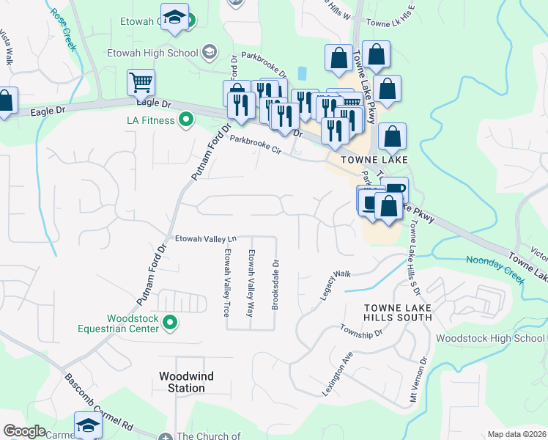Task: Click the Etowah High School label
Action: click(152, 53)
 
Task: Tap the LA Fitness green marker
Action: click(185, 120)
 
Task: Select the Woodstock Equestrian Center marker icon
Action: click(170, 322)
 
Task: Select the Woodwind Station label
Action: click(186, 381)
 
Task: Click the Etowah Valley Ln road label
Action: click(207, 239)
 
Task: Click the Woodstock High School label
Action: click(490, 338)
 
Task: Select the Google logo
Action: click(24, 431)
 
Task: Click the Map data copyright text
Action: click(516, 434)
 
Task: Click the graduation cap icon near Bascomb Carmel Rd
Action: click(88, 425)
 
